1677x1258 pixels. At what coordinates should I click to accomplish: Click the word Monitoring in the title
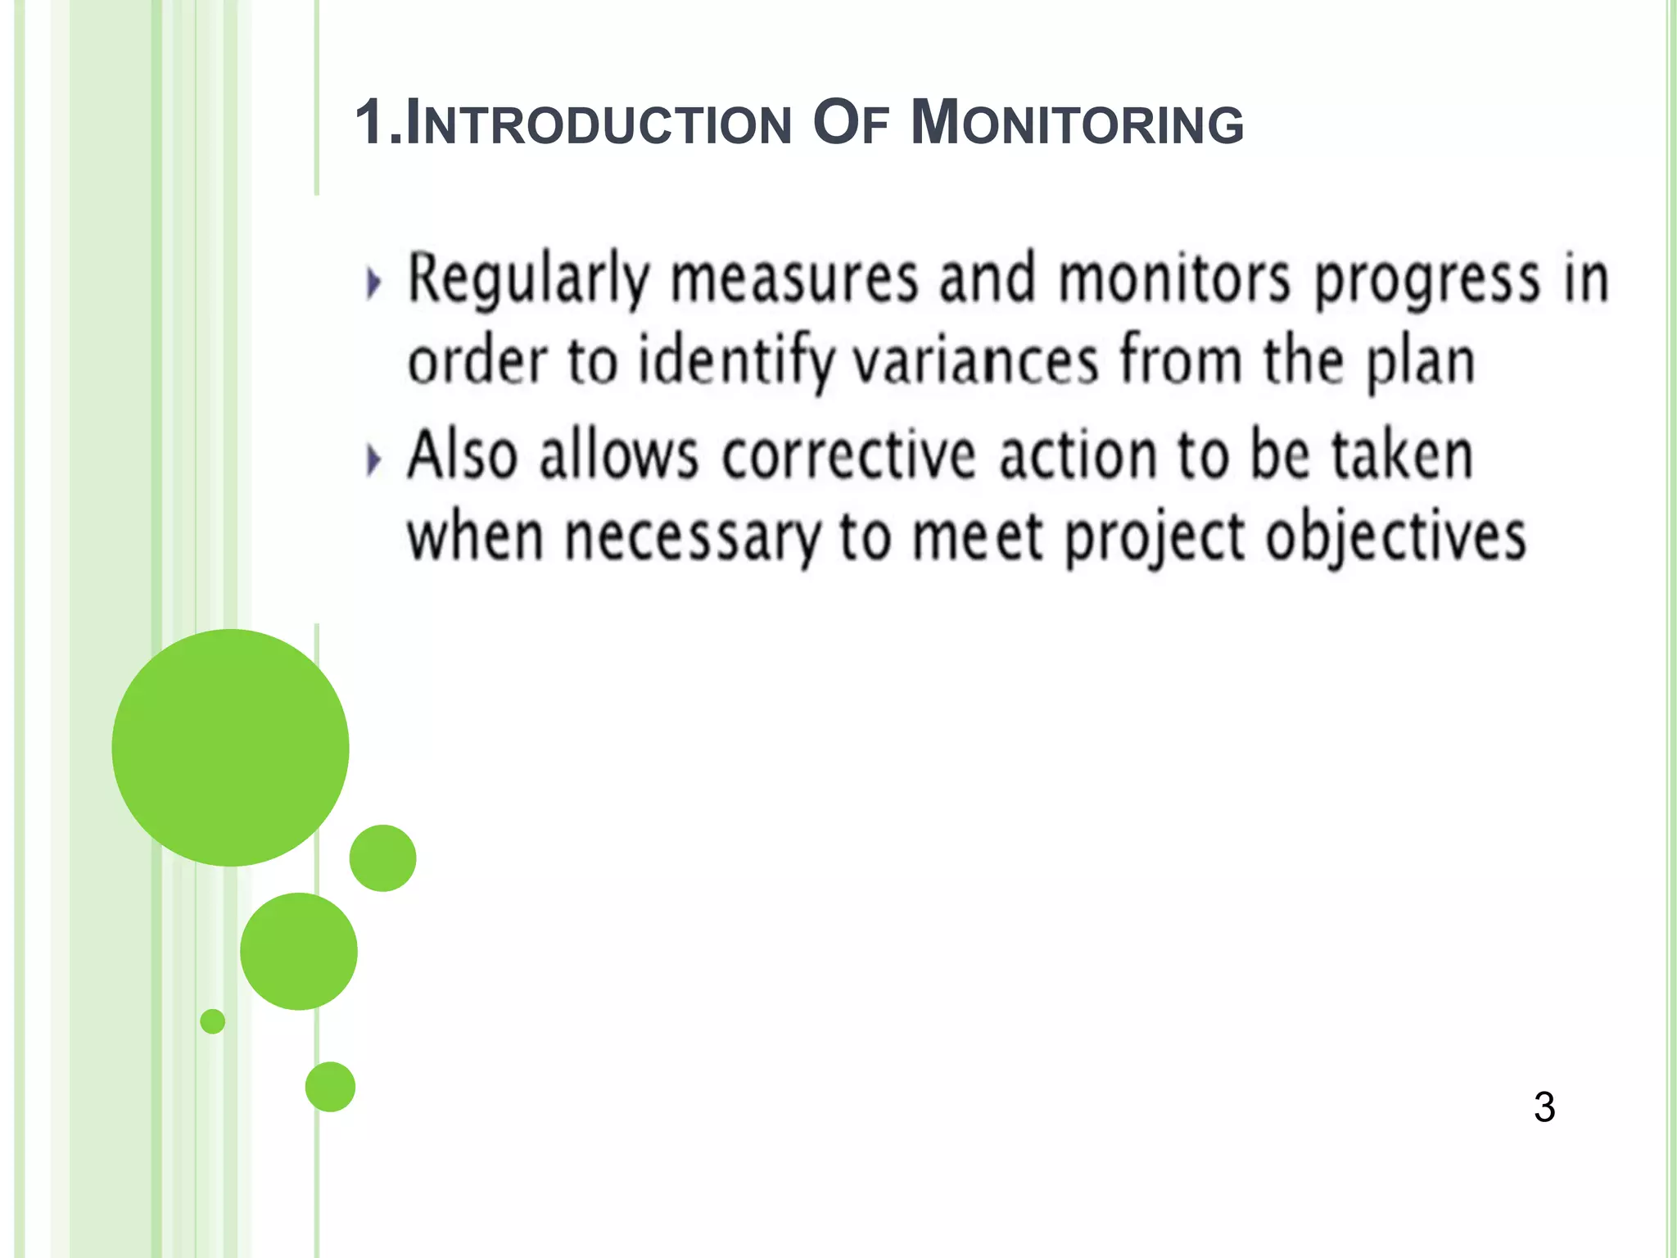pos(1077,124)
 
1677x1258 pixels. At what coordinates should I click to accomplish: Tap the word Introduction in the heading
pos(599,124)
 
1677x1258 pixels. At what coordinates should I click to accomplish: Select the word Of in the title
pos(851,124)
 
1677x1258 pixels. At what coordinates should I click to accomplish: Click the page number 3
pos(1544,1107)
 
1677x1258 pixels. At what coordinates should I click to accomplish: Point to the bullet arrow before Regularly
pos(374,283)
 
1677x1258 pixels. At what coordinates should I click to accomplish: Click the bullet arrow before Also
pos(374,459)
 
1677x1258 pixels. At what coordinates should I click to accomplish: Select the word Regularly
pos(528,281)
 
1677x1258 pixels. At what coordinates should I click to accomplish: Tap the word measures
pos(794,281)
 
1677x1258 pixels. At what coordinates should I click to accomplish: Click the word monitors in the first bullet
pos(1174,281)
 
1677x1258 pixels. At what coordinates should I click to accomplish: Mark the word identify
pos(735,363)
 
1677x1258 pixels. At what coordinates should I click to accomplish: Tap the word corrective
pos(849,456)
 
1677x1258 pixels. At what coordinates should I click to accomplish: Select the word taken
pos(1403,456)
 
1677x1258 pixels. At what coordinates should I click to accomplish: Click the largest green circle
pos(230,747)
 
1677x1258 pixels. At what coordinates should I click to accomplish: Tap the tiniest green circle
pos(213,1021)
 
